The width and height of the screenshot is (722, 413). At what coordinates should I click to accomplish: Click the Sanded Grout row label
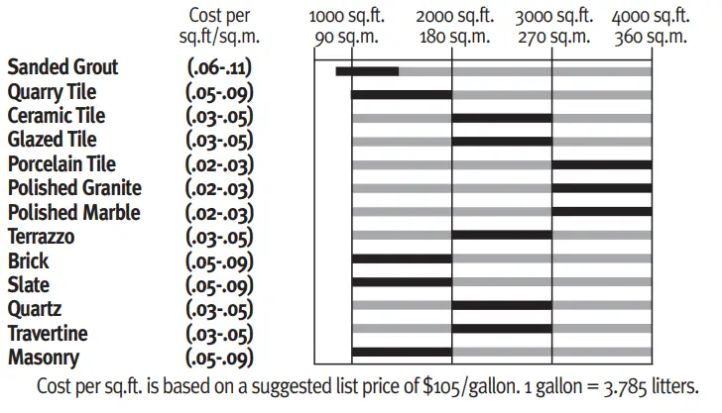[62, 67]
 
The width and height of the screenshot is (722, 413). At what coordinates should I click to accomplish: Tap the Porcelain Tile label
[61, 164]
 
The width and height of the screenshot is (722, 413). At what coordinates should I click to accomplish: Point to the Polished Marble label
[73, 213]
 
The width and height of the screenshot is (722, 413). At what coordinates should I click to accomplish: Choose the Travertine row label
[48, 334]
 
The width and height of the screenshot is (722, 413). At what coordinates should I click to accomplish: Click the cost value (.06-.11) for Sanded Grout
[220, 67]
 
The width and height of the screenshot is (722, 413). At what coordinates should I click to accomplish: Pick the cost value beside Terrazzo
[220, 238]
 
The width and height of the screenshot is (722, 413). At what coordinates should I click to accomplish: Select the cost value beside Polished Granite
[220, 189]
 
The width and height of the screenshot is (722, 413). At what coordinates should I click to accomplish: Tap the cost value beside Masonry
[220, 359]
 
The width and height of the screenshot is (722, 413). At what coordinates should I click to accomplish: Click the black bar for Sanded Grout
[367, 71]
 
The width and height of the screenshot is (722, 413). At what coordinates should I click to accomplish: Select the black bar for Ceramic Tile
[501, 118]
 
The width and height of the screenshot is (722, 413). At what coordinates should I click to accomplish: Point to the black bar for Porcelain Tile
[601, 164]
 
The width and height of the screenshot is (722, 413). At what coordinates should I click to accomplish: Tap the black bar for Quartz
[501, 305]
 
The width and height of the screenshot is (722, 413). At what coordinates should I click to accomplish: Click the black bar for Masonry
[401, 352]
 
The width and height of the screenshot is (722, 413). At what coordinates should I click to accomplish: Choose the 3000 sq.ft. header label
[553, 17]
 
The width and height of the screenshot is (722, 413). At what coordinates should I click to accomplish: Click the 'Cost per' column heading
[220, 17]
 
